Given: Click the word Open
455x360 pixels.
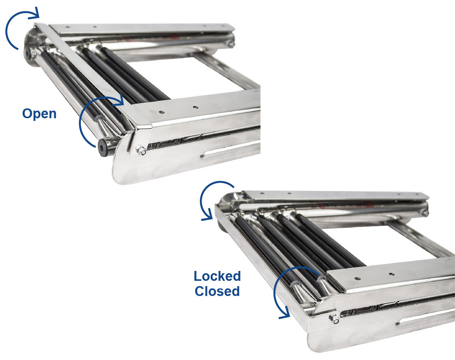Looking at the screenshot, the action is point(39,114).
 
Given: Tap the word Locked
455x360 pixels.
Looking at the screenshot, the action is point(217,276).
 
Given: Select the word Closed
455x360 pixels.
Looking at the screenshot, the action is point(217,291).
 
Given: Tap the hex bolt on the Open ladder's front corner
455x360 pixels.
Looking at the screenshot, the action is point(141,150).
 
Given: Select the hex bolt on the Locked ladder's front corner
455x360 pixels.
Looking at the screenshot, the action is point(334,319).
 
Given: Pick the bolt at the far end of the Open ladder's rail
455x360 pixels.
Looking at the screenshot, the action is point(231,44).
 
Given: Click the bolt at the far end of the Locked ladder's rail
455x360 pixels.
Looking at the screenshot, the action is point(425,213).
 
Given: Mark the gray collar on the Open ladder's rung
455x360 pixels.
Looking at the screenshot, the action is point(99,118).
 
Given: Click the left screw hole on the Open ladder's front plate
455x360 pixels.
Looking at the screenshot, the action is point(162,112).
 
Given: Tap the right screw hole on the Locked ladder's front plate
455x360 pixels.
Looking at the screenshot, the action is point(391,274).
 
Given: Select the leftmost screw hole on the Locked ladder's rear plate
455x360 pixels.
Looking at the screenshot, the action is point(262,193).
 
